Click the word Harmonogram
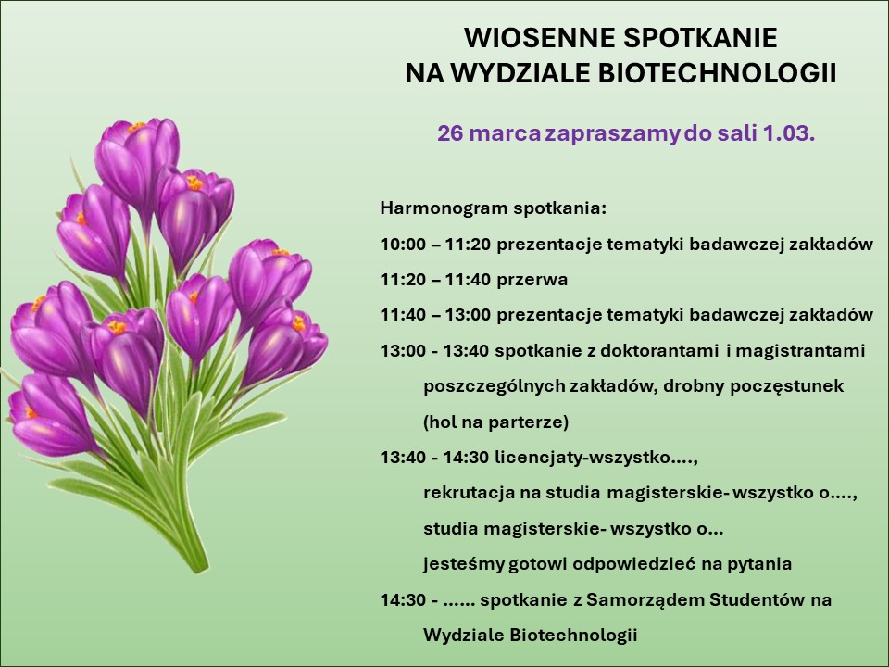(444, 208)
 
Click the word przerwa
(532, 280)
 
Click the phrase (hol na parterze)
(495, 422)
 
